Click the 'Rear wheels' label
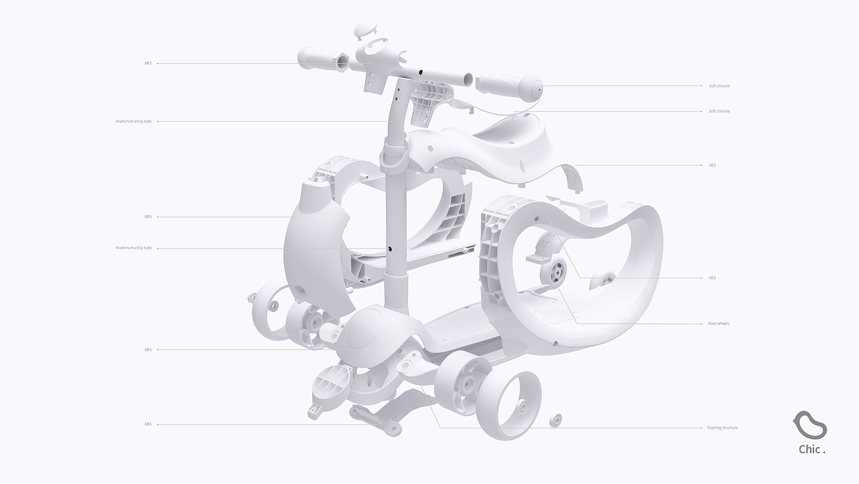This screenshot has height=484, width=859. coord(718,324)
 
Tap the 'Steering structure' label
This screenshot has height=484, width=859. coord(722,427)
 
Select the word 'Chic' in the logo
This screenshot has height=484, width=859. coord(809,450)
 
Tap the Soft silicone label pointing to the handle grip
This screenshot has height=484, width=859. coord(719,86)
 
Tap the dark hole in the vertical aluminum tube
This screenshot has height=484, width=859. coord(390,249)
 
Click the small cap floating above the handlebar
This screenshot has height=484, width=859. coord(366,30)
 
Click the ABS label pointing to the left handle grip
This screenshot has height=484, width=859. coord(148,63)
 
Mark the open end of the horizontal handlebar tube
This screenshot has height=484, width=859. coord(468,79)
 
